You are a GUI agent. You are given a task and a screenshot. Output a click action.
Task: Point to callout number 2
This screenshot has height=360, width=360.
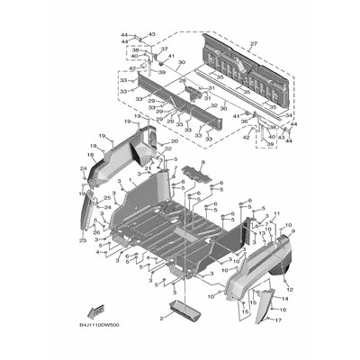click(161, 318)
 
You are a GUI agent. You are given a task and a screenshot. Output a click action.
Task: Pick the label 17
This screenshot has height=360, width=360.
click(278, 319)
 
